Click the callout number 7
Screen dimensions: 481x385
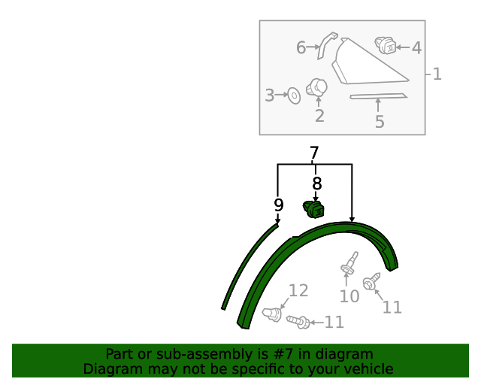(314, 153)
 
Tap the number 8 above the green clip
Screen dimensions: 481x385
(317, 183)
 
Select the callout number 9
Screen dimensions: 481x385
(279, 205)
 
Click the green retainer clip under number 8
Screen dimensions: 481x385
(313, 210)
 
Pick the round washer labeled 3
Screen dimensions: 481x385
(294, 95)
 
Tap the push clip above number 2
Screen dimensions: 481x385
(317, 87)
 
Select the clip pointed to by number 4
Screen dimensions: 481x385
(386, 45)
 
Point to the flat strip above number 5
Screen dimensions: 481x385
(379, 96)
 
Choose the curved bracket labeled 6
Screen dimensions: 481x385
(326, 44)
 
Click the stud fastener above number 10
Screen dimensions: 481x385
(349, 263)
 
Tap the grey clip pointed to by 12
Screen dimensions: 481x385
(272, 314)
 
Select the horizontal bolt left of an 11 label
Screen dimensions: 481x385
(298, 321)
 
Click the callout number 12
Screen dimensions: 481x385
(298, 290)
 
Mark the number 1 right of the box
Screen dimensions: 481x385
(437, 74)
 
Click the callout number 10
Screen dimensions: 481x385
(349, 296)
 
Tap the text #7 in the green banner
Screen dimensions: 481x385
(284, 354)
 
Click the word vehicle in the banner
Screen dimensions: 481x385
(372, 368)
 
